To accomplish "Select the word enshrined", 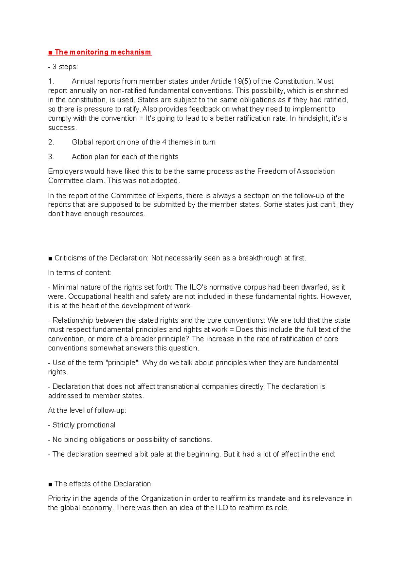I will (x=332, y=91).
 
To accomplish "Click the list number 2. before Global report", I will (x=51, y=142).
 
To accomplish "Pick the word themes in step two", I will (x=180, y=142).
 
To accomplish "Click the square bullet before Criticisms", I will (x=50, y=258).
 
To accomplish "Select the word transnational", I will (x=178, y=387).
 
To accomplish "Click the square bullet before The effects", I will (x=50, y=484).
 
